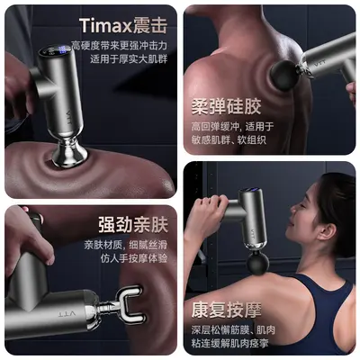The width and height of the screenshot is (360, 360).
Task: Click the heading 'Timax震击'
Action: click(123, 26)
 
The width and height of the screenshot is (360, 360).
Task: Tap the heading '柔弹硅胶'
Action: click(226, 107)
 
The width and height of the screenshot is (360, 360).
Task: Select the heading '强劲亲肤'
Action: click(133, 225)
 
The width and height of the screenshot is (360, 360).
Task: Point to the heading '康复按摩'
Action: click(227, 310)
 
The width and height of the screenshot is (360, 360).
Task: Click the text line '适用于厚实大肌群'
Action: click(129, 58)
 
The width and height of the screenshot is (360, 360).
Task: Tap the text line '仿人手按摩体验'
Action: click(134, 258)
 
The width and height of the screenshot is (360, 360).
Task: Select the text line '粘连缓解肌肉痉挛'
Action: click(230, 343)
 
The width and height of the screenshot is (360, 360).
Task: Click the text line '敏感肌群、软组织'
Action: click(229, 140)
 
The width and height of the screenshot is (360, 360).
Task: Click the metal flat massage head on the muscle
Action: click(70, 156)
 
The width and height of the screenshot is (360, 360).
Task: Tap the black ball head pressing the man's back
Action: click(284, 76)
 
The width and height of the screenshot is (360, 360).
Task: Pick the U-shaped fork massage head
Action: click(130, 304)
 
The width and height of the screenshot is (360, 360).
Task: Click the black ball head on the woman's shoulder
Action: click(258, 263)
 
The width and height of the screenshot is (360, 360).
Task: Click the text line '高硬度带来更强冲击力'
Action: click(120, 45)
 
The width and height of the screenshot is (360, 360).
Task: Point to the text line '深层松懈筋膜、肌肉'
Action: click(233, 330)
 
